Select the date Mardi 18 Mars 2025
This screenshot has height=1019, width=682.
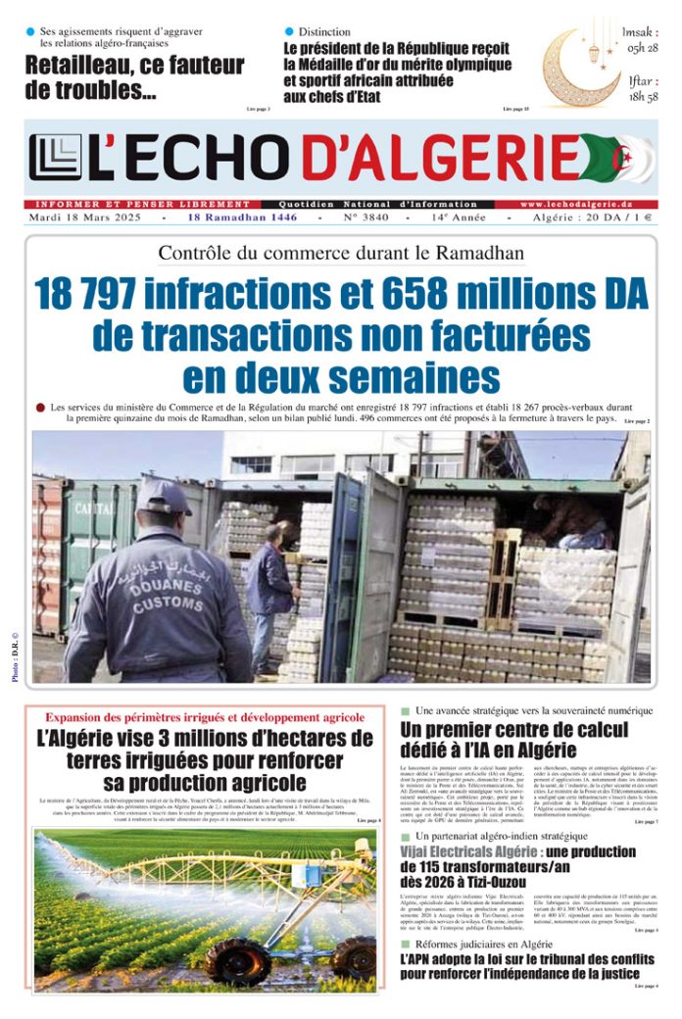86,218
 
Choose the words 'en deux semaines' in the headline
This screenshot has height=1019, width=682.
340,377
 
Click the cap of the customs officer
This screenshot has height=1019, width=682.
162,496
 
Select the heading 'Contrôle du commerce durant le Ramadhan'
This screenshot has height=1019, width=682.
341,253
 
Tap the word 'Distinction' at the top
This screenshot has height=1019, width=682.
323,32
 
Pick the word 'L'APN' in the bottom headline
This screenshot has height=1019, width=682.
420,959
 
